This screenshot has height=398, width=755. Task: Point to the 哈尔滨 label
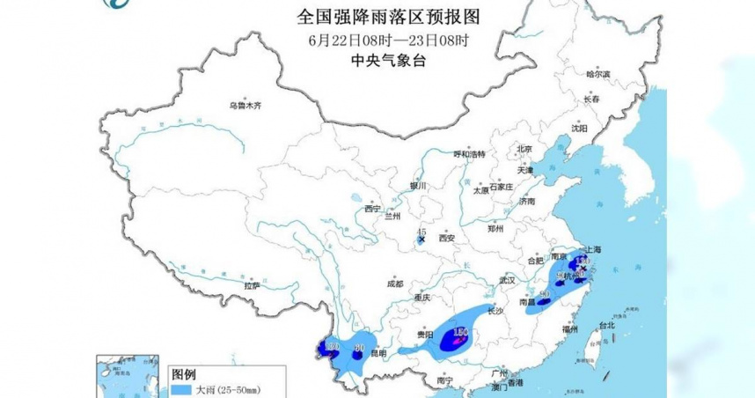[597, 74]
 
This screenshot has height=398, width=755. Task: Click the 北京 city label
[524, 149]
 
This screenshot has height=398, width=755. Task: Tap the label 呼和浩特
[469, 154]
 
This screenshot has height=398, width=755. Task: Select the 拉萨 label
[253, 285]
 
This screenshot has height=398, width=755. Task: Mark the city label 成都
[393, 284]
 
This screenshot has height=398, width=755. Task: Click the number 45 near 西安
[421, 231]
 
